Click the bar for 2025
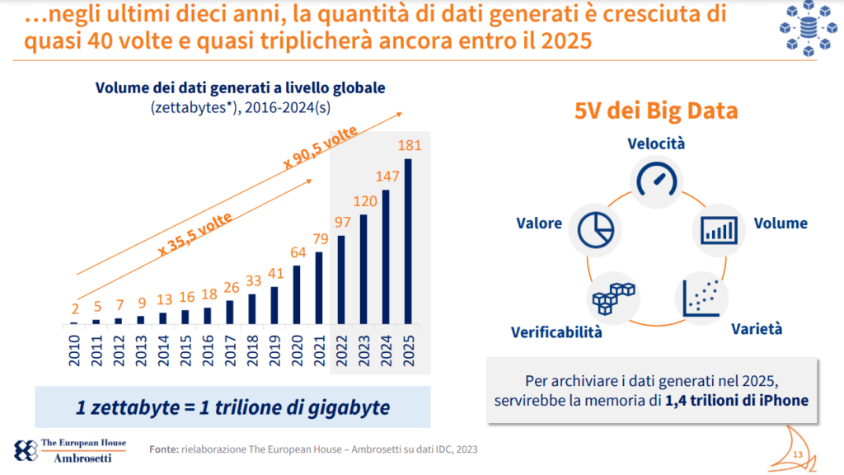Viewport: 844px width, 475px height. point(408,241)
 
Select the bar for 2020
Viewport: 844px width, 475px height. point(297,294)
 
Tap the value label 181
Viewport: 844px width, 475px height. point(409,146)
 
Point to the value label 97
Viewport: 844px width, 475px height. point(343,223)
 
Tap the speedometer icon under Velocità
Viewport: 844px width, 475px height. point(656,181)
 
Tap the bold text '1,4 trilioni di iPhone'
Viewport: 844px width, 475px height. point(737,401)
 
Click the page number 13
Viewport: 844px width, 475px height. point(797,455)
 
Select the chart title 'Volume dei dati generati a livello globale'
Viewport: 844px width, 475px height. point(241,88)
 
